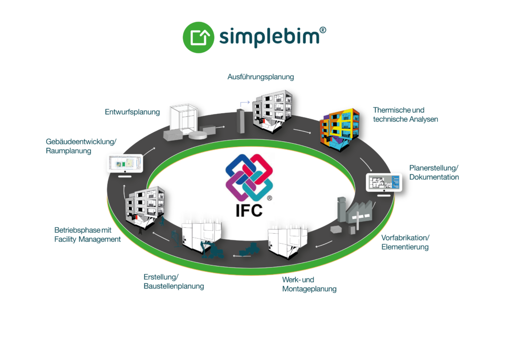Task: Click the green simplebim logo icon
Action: pos(199,37)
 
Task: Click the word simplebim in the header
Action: pos(267,37)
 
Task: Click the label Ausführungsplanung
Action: pos(260,77)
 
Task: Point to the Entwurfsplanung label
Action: pos(132,112)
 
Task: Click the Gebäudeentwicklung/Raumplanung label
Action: pos(81,146)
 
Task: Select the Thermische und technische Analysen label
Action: pos(406,114)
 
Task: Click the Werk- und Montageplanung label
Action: pos(309,284)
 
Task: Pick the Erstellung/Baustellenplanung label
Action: pos(173,281)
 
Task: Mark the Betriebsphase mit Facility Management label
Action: pos(87,235)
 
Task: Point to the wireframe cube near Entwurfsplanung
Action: pos(184,120)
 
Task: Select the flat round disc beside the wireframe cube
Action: pos(199,136)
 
